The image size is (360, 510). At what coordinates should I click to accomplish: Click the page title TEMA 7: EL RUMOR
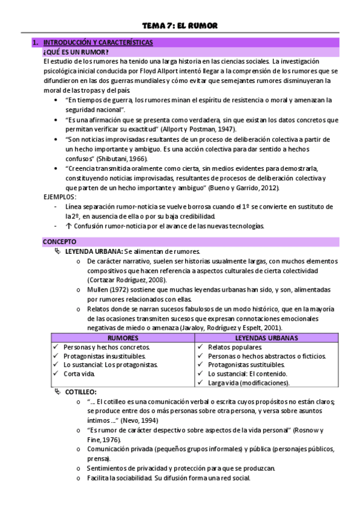[x=179, y=25]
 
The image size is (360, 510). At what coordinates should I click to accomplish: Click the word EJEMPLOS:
[x=59, y=197]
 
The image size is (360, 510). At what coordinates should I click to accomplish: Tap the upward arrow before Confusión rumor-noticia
[x=69, y=226]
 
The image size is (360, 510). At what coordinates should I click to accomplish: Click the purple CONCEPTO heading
[x=59, y=242]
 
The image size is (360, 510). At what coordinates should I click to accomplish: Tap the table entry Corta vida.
[x=79, y=373]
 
